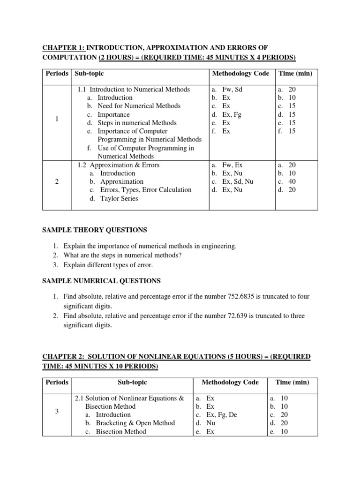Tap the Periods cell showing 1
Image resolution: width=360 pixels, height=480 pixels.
[57, 119]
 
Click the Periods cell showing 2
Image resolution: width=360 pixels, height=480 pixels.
[57, 182]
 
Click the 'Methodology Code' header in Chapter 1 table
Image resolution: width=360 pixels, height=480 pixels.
[241, 74]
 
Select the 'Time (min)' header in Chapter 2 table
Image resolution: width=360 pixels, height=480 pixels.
[292, 382]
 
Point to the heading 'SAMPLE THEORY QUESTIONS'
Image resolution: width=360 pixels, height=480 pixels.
[95, 230]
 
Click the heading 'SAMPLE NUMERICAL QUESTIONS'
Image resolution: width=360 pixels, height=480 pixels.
[102, 281]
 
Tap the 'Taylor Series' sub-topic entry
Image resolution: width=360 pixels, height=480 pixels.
[119, 198]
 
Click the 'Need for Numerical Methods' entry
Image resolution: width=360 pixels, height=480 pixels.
[139, 106]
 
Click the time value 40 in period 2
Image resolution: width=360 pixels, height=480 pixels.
[292, 181]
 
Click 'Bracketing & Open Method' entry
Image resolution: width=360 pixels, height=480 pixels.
[135, 423]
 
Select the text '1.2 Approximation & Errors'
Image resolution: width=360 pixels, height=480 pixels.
[119, 165]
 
